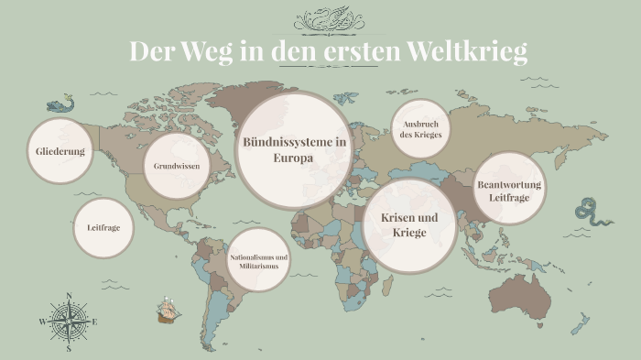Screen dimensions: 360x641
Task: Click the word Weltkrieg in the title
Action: point(468,51)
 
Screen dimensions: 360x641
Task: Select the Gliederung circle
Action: point(60,151)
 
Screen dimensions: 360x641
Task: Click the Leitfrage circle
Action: point(103,227)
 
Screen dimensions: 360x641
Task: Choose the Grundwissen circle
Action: point(177,167)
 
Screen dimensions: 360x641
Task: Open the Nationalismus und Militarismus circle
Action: point(259,261)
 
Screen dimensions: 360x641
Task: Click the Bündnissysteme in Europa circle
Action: point(293,150)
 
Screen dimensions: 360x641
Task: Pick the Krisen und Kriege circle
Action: point(409,225)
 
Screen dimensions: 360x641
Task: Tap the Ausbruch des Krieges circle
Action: point(421,129)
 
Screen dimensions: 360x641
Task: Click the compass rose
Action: point(69,322)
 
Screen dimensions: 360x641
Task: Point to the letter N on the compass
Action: point(69,296)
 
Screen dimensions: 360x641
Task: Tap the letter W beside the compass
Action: point(42,322)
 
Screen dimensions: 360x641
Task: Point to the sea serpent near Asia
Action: point(589,214)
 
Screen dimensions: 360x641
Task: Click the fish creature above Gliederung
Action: point(60,103)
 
